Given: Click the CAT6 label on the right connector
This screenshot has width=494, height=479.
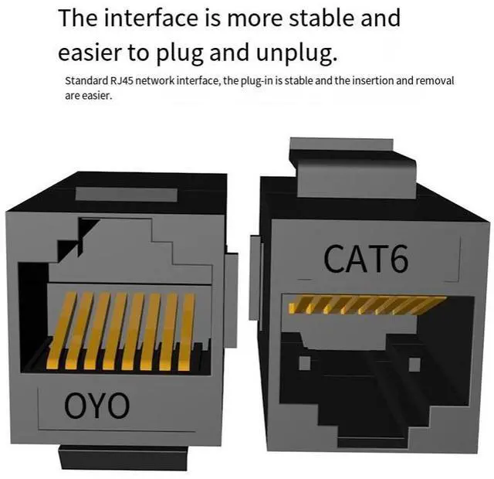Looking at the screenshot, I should (366, 260).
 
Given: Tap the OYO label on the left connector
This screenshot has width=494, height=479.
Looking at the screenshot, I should (96, 404).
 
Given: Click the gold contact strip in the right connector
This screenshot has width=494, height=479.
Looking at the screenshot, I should (367, 304).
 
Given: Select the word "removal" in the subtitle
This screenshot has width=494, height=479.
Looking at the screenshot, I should (435, 81).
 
